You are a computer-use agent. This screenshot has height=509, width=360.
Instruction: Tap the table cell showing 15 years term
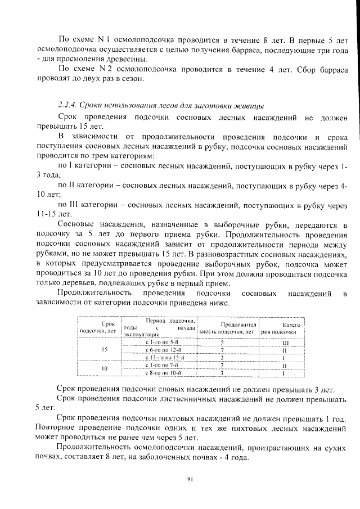click(x=104, y=349)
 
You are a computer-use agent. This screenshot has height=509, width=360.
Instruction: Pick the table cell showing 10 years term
click(x=104, y=368)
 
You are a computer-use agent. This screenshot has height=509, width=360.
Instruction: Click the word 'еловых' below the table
click(x=183, y=389)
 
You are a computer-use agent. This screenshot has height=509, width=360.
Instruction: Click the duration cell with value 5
click(x=223, y=342)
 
